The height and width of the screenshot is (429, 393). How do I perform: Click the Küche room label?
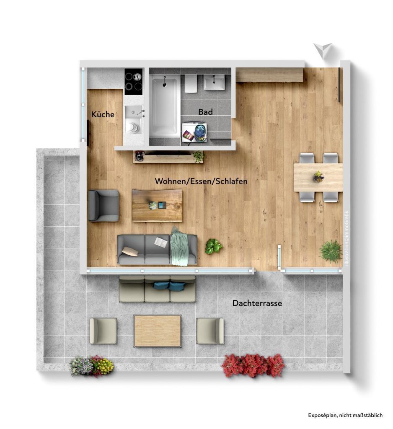coord(103,114)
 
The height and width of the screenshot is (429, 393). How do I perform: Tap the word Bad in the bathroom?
coord(205,112)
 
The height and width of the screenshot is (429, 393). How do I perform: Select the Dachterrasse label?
coord(257,303)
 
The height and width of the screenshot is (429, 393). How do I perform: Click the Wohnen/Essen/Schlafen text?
coord(201,181)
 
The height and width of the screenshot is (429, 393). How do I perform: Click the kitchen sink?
coord(134,112)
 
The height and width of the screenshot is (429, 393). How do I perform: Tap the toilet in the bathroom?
coord(190,84)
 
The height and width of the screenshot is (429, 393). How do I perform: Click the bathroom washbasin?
coord(215,83)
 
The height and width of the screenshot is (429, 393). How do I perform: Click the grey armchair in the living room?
coord(103,205)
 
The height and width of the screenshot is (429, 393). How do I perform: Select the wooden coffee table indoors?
coord(157,205)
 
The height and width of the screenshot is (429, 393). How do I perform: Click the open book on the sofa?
coord(161,242)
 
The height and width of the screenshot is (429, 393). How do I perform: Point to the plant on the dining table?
coord(318,176)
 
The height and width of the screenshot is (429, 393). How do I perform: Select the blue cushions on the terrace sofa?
coord(169,286)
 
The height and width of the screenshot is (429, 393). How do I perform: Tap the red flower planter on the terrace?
coord(253,365)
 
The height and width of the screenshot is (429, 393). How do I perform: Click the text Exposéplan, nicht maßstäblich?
coord(345,415)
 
